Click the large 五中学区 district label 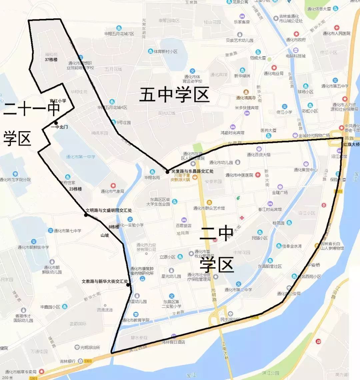coord(174,95)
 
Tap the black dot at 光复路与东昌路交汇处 coord(167,172)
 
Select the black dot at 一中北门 coord(56,123)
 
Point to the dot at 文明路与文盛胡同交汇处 coord(86,215)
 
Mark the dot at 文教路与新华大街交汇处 coord(128,285)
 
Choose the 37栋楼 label coord(51,60)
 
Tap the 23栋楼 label coord(75,189)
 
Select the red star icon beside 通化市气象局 coord(113,185)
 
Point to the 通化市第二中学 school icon coord(239,284)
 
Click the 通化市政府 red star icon coord(296,34)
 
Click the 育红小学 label coord(58,101)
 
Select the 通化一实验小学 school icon coord(130,219)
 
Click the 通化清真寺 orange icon coord(246,92)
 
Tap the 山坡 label coord(105,235)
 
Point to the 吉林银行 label coord(68,361)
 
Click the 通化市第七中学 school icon coord(51,230)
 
